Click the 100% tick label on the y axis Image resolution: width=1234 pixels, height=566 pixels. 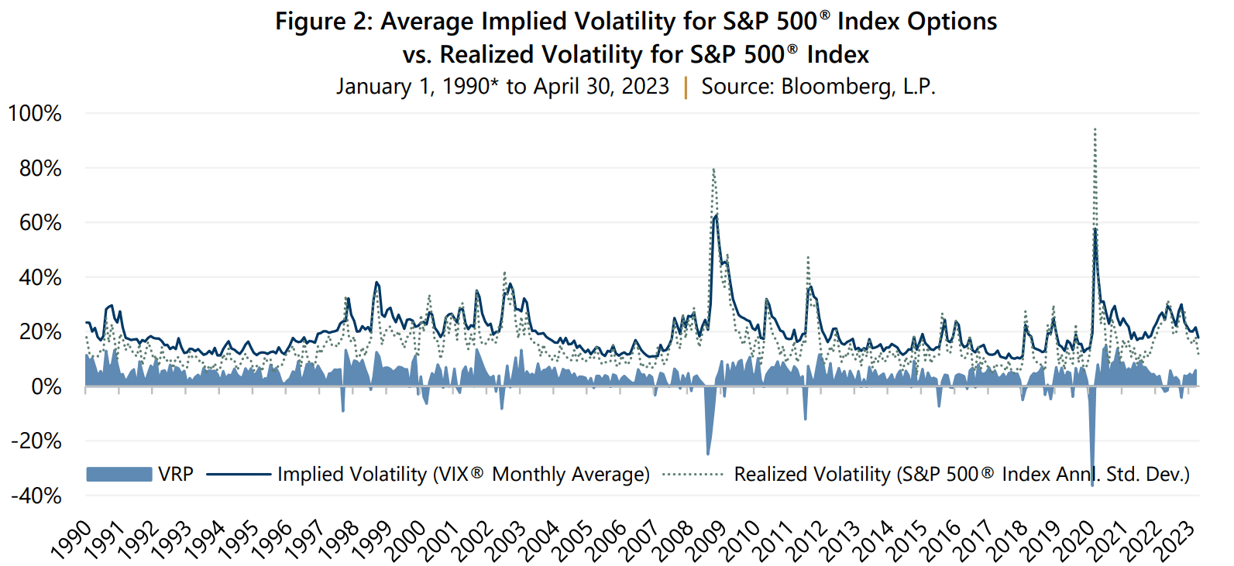tap(35, 114)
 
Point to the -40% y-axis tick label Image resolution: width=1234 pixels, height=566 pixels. tap(36, 496)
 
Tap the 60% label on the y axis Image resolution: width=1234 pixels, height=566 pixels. tap(40, 223)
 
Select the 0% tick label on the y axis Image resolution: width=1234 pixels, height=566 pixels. tap(46, 386)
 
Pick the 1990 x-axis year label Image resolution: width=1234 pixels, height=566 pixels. tap(70, 540)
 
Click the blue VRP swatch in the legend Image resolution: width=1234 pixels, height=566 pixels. tap(119, 475)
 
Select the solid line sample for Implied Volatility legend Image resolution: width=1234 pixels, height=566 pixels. tap(239, 475)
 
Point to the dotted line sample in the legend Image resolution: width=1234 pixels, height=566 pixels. tap(693, 475)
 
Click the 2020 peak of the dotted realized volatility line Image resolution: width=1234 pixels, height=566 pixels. tap(1095, 130)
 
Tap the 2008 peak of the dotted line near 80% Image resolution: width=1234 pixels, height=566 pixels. tap(713, 170)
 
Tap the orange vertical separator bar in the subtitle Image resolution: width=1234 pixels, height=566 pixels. tap(686, 87)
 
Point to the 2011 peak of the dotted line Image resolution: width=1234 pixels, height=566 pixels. tap(808, 258)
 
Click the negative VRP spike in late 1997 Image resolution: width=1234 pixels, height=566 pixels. tap(343, 408)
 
